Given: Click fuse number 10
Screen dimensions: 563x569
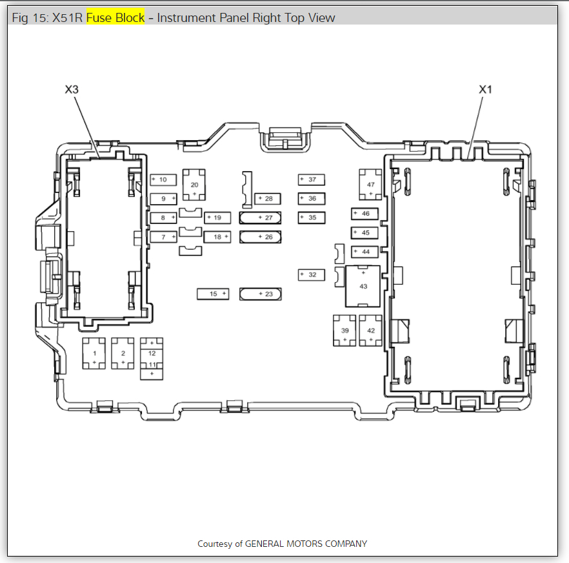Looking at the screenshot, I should click(163, 179).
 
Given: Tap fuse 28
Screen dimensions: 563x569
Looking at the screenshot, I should click(267, 198).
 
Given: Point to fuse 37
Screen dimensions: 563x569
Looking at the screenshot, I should click(311, 179).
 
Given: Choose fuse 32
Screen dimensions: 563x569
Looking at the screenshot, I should click(311, 275).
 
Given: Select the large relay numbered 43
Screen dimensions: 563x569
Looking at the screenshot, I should click(363, 285).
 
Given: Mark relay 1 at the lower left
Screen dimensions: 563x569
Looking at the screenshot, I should click(94, 353).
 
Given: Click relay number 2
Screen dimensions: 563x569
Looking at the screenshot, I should click(123, 353).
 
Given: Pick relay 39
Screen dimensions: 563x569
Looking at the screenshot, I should click(344, 330).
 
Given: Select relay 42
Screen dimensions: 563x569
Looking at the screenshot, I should click(371, 330).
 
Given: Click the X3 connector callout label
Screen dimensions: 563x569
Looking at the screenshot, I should click(72, 90).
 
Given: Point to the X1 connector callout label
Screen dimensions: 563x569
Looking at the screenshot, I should click(485, 90).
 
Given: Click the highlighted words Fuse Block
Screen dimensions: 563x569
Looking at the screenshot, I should click(115, 17).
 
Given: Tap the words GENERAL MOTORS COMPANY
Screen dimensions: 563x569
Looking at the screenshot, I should click(306, 544).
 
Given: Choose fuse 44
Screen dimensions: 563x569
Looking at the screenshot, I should click(364, 251).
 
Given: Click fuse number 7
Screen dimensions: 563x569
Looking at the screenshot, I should click(163, 237).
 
